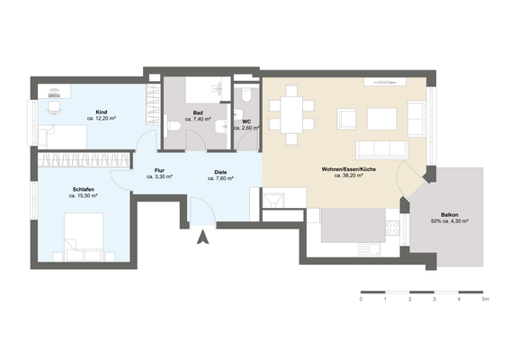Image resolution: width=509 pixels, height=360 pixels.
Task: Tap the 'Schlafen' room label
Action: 85,189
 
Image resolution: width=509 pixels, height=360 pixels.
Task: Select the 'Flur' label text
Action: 159,170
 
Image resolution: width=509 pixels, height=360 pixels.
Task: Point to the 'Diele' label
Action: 220,170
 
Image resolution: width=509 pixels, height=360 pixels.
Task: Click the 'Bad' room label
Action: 198,112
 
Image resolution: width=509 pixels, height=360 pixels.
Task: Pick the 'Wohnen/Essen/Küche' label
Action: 348,169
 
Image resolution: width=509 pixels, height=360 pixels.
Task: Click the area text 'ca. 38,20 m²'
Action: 348,176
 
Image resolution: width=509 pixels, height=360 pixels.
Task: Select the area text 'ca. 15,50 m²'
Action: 85,196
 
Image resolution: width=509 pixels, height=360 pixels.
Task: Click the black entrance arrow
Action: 203,238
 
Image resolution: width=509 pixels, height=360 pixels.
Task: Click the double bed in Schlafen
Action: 86,230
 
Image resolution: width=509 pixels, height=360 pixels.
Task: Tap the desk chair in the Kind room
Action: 53,107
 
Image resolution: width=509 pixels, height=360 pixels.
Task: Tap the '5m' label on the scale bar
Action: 485,299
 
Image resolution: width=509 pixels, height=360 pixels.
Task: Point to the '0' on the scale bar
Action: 361,299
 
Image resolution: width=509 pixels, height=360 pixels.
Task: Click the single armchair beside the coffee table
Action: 416,114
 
